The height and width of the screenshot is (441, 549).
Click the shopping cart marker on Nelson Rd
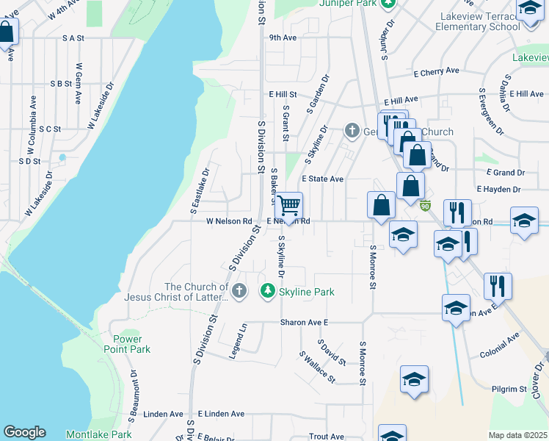click(x=289, y=205)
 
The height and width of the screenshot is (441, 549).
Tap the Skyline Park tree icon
click(x=269, y=292)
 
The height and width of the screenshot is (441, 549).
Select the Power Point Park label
click(x=132, y=344)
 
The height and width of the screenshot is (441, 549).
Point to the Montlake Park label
click(x=98, y=434)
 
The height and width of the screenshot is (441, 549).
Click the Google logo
click(x=24, y=433)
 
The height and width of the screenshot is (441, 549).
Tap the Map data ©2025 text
click(x=517, y=435)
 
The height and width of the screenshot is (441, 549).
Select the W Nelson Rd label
click(x=229, y=220)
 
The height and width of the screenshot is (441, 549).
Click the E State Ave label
click(x=322, y=179)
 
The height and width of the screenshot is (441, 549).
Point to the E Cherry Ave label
click(x=436, y=71)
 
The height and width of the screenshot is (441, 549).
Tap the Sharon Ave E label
click(x=304, y=322)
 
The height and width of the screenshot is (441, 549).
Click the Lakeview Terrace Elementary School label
click(x=477, y=21)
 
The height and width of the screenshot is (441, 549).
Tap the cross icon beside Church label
click(x=352, y=132)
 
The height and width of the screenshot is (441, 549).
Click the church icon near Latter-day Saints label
click(x=239, y=292)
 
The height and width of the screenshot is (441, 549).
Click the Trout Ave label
click(x=327, y=436)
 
